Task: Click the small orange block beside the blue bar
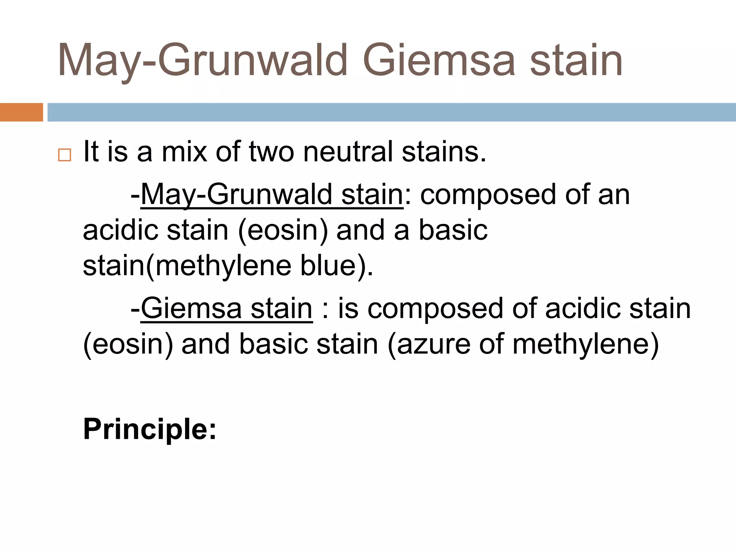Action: coord(21,112)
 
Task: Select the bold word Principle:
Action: coord(150,429)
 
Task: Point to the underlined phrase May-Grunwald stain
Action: coord(272,195)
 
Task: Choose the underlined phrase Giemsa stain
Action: coord(226,309)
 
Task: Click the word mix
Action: coord(184,152)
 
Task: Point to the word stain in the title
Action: coord(576,60)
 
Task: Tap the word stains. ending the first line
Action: coord(444,152)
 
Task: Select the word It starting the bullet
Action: coord(91,152)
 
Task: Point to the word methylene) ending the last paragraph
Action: coord(585,344)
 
